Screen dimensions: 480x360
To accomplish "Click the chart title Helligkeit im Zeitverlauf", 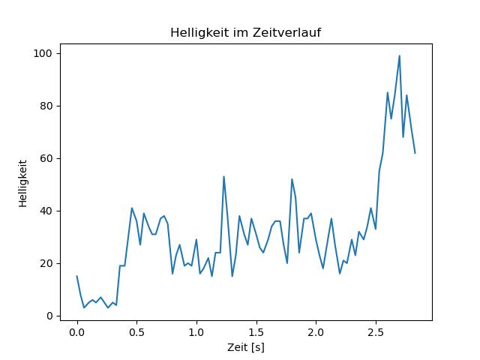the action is (x=245, y=32).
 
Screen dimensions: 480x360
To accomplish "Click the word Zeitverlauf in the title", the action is (x=286, y=32).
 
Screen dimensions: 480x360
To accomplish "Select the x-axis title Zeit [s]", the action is (x=246, y=347).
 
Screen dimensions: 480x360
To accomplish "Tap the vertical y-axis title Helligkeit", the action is (x=23, y=183).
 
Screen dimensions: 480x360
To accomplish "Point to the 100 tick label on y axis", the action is (x=43, y=53).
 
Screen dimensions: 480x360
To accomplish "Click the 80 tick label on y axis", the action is (x=46, y=106).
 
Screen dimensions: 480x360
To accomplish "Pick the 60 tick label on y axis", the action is (x=46, y=158).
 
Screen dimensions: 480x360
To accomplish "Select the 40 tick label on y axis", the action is (x=46, y=211).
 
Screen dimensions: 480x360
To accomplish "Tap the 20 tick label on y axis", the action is (x=46, y=263).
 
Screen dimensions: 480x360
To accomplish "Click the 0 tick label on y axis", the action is (x=49, y=316).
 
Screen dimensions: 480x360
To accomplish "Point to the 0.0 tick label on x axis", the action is (x=77, y=332).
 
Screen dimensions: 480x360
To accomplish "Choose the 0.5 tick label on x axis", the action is (x=136, y=332).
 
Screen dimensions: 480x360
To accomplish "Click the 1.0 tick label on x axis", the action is (x=196, y=332).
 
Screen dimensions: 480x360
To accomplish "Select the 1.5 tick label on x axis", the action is (x=256, y=332).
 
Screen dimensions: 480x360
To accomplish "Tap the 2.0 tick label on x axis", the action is (x=316, y=332).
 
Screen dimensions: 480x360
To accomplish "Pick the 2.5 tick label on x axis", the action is (x=376, y=332).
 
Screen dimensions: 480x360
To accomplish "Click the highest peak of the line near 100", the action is (x=400, y=55).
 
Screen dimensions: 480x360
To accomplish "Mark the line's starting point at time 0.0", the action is (x=76, y=276).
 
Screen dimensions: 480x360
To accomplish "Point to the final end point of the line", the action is (x=415, y=153).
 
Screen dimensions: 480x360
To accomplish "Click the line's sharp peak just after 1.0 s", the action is (x=223, y=177).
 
